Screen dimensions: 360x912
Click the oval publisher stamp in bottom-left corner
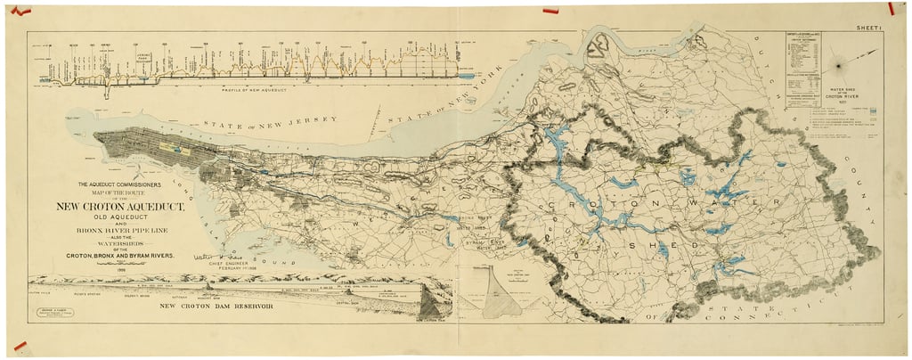[53, 314]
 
